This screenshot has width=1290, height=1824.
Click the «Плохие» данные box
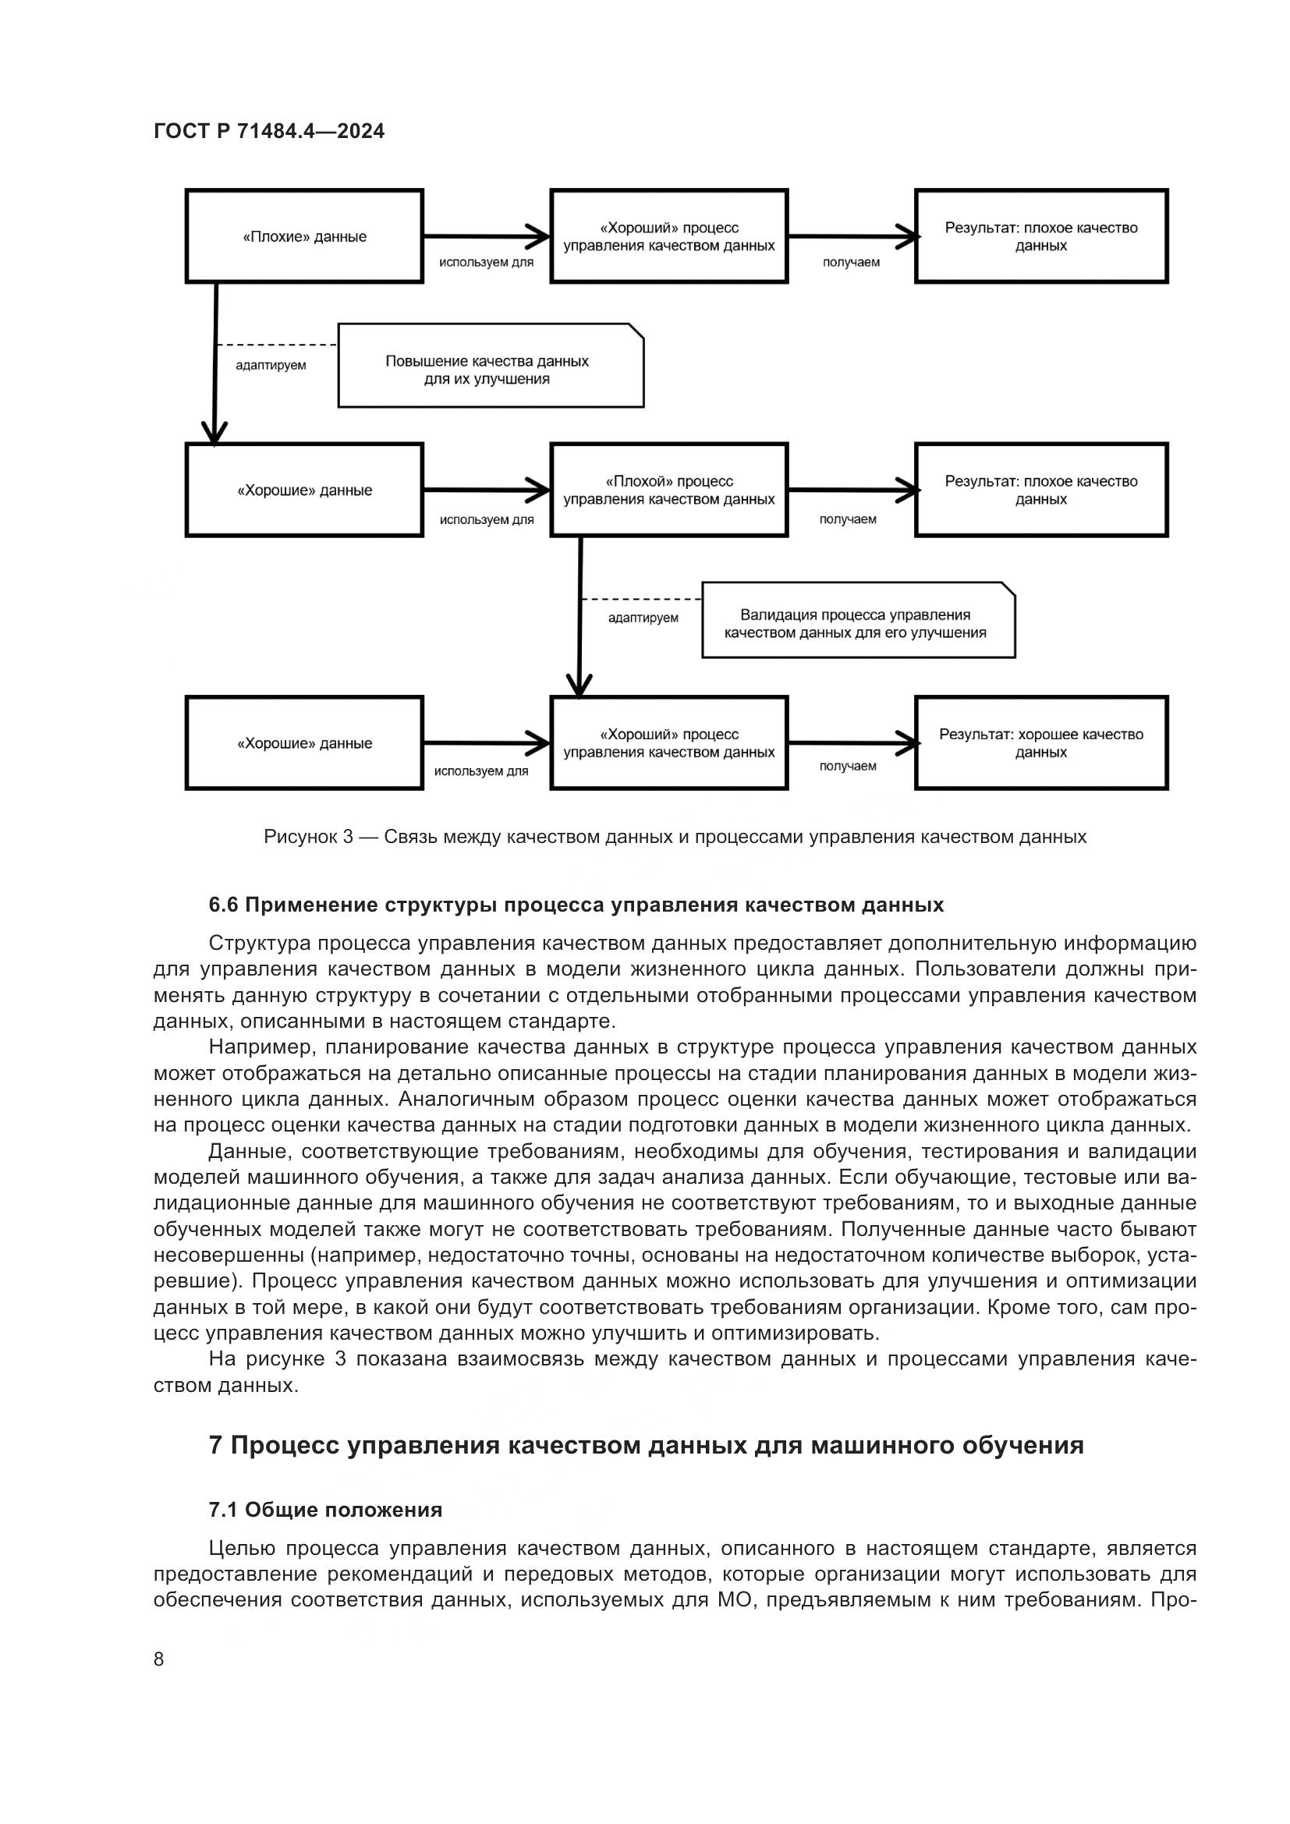point(304,237)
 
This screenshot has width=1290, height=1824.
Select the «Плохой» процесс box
point(669,491)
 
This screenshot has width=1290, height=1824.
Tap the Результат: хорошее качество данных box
point(1040,743)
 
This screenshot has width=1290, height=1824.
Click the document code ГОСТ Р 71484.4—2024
point(268,132)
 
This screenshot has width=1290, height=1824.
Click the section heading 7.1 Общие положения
point(325,1510)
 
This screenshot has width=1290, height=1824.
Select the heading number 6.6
point(223,905)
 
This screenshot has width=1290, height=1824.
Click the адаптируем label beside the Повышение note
point(270,366)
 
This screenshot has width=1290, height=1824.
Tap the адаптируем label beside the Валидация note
point(643,618)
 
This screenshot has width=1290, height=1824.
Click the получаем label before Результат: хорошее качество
point(848,766)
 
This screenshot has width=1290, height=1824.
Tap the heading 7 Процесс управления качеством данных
point(646,1444)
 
